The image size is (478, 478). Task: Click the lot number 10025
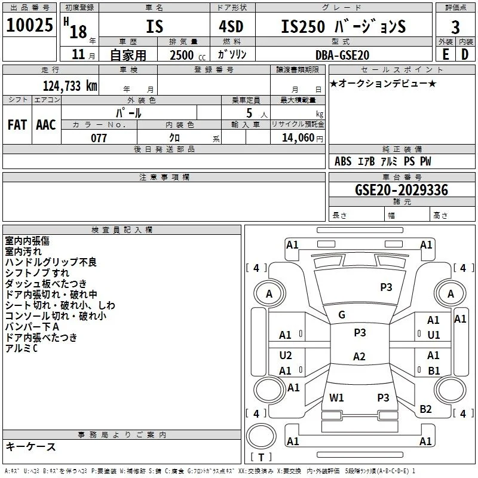pos(29,25)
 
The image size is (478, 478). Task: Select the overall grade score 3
pos(455,27)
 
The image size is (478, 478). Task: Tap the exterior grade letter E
pos(446,54)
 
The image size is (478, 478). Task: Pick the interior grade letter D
pos(465,54)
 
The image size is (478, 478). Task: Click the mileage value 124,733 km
pos(70,86)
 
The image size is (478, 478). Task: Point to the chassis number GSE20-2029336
pos(402,190)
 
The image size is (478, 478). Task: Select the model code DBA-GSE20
pos(342,55)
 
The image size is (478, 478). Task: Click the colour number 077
pos(99,138)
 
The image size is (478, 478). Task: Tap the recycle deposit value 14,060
pos(298,138)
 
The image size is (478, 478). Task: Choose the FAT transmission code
pos(17,125)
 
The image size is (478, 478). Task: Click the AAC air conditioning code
pos(46,125)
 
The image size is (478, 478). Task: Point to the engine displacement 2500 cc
pos(188,55)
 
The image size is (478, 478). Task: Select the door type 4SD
pos(231,26)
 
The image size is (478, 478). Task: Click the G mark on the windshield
pos(342,315)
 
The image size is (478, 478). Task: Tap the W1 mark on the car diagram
pos(336,397)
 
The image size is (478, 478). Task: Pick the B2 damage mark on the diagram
pos(425,409)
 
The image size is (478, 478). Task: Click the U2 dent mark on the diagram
pos(286,356)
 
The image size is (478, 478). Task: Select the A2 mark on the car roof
pos(359,356)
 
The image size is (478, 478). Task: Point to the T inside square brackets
pos(261,457)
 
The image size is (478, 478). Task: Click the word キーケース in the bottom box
pos(31,446)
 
